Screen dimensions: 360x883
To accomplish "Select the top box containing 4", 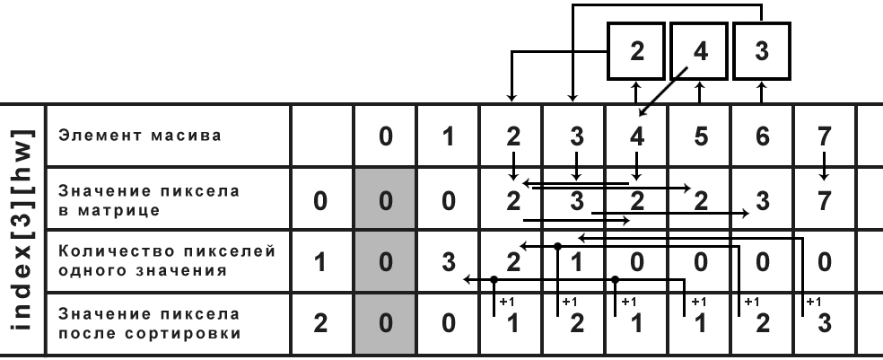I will (698, 51).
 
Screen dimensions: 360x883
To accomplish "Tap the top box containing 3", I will (761, 51).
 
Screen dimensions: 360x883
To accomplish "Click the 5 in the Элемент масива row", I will (701, 138).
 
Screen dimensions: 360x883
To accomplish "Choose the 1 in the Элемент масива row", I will (448, 138).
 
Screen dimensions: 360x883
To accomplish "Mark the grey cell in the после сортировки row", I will (385, 323).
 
